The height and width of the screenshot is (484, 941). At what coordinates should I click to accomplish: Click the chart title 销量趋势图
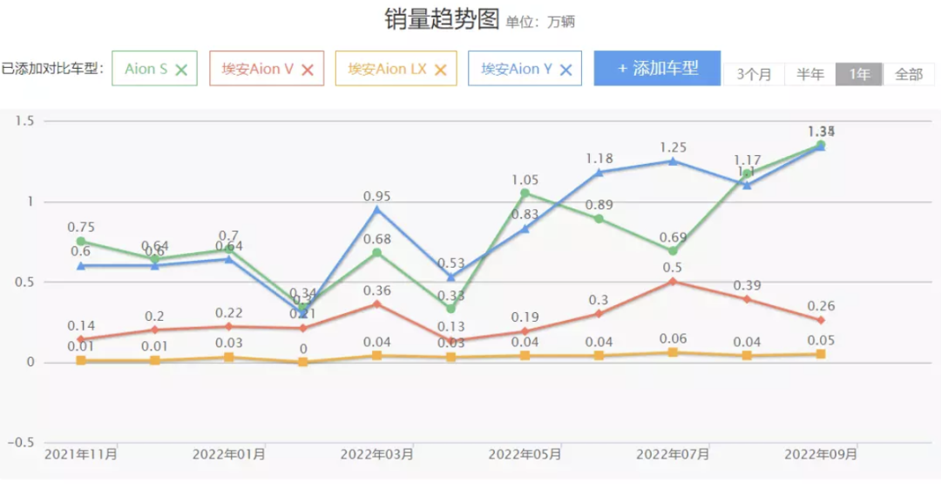click(442, 19)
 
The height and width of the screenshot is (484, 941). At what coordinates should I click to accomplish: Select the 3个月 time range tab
click(754, 74)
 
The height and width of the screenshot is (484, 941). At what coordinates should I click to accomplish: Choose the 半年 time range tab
click(810, 74)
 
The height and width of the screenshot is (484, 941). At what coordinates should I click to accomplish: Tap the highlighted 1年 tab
click(859, 74)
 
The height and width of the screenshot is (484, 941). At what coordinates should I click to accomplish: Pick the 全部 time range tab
click(909, 74)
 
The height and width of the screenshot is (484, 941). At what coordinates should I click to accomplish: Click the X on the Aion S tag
click(181, 70)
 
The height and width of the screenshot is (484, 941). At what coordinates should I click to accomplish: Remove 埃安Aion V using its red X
click(308, 70)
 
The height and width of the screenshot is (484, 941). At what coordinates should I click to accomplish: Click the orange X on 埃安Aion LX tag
click(440, 70)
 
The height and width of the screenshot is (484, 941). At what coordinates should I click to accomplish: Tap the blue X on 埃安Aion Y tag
click(565, 70)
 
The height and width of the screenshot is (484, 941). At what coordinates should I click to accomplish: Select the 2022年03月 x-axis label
click(376, 454)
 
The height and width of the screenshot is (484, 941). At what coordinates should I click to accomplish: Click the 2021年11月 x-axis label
click(81, 454)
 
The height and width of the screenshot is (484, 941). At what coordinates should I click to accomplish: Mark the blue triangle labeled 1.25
click(673, 161)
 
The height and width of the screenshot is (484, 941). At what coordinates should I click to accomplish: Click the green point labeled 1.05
click(525, 193)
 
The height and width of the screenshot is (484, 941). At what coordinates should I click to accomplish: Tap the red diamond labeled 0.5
click(673, 282)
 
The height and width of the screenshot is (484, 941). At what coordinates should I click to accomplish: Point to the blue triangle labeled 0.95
click(377, 209)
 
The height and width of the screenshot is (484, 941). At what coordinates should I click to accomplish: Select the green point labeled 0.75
click(81, 241)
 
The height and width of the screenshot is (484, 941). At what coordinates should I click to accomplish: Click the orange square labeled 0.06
click(673, 352)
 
